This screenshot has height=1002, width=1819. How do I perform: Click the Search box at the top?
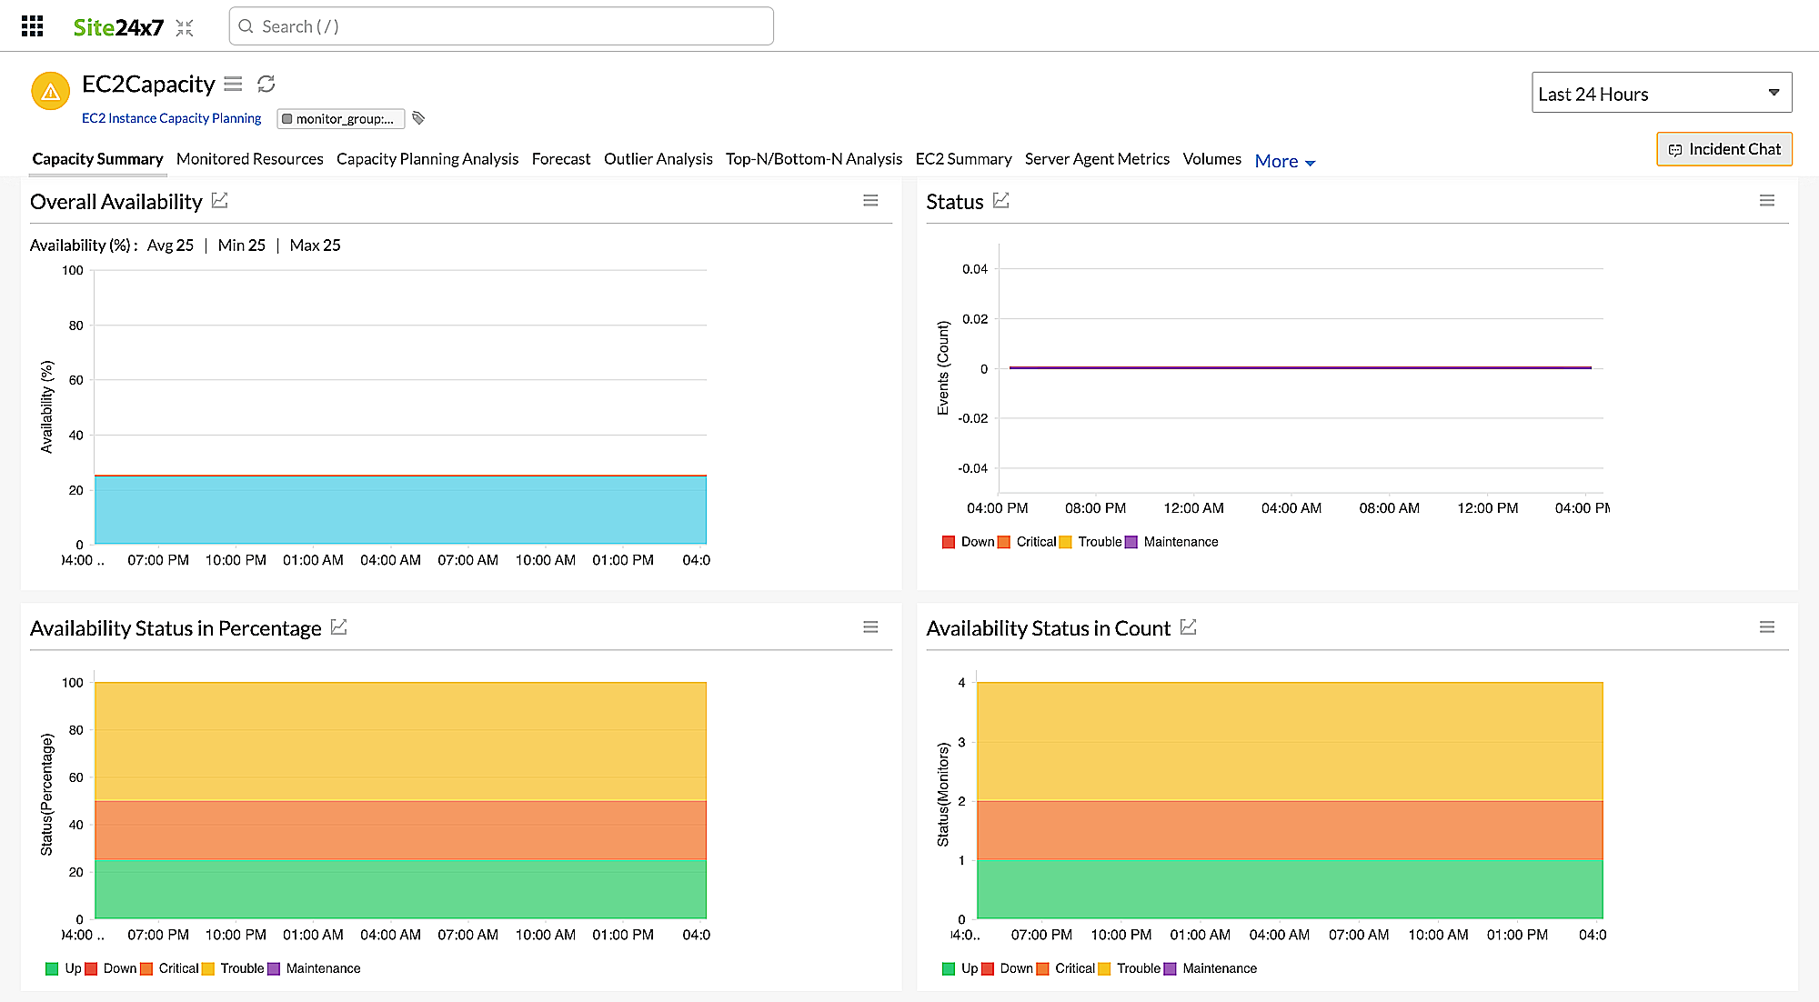(x=500, y=26)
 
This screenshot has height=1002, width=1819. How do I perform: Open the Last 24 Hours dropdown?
(x=1661, y=93)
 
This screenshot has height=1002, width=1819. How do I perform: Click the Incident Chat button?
(x=1724, y=149)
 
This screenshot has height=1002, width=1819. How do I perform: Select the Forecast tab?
(x=560, y=159)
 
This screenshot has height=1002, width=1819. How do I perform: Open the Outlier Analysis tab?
(x=658, y=159)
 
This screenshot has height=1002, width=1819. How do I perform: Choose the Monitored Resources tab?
(x=249, y=159)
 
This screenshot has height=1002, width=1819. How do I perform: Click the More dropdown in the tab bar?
(x=1284, y=161)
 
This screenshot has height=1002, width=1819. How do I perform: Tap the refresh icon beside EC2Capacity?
(x=266, y=84)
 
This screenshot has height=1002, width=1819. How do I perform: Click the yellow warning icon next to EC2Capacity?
(x=50, y=91)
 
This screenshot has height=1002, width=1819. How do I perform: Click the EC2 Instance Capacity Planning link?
(x=171, y=118)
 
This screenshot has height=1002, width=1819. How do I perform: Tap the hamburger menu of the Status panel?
(x=1766, y=201)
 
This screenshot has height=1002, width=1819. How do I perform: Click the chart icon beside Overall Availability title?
(x=219, y=201)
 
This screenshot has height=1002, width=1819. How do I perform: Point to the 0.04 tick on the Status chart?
(x=974, y=269)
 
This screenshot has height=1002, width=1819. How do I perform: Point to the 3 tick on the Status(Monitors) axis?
(x=961, y=742)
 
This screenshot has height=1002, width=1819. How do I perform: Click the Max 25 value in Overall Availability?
(x=315, y=245)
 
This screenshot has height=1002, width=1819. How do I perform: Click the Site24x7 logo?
(x=118, y=27)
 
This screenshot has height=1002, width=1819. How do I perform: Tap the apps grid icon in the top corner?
(x=33, y=26)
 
